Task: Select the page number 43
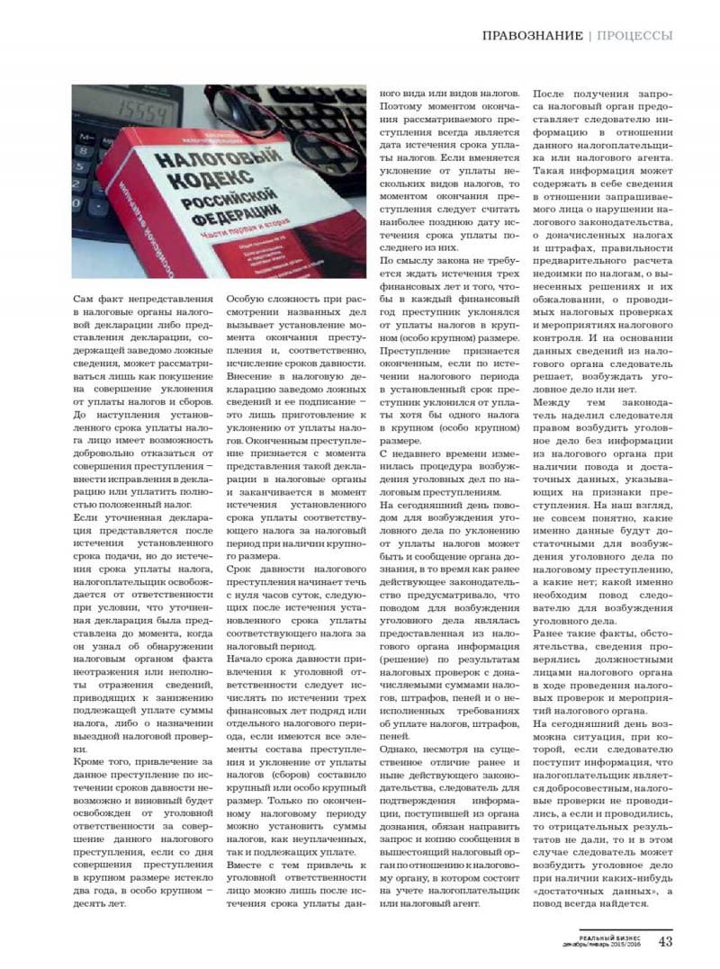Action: tap(665, 942)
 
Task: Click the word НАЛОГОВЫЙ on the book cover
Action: tap(193, 163)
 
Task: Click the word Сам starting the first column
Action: tap(84, 299)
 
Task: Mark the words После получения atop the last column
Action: tap(576, 93)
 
